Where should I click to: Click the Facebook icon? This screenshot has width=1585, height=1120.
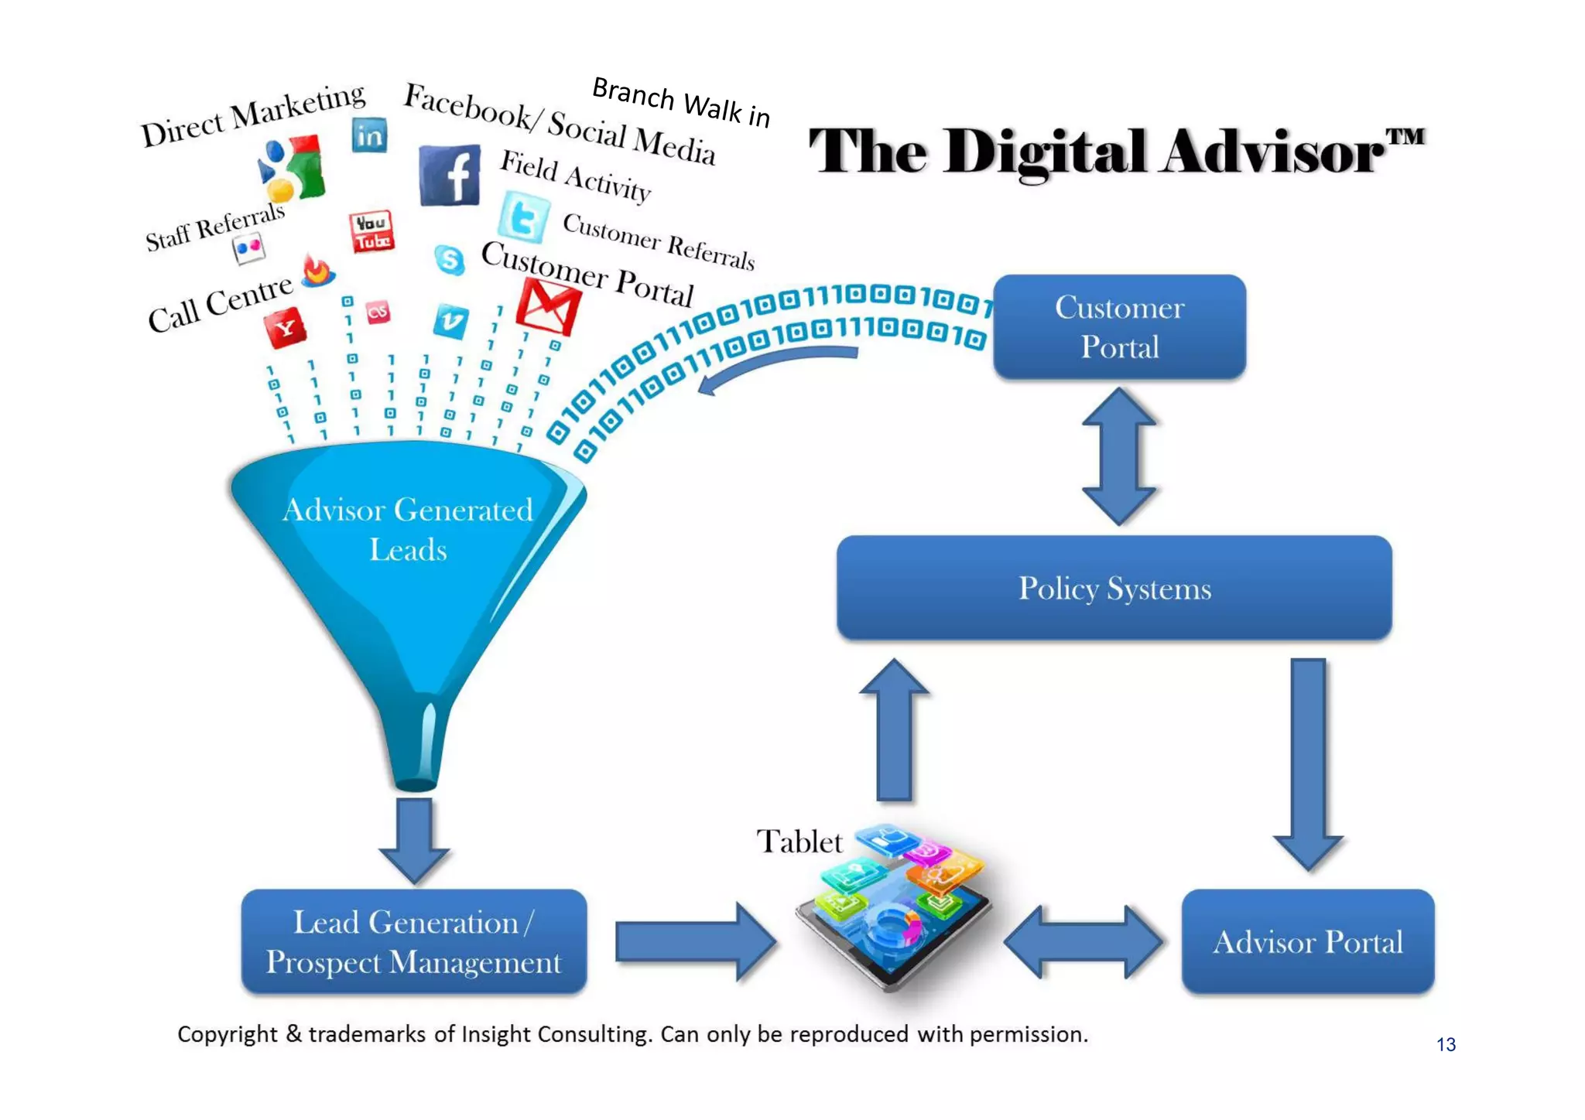pyautogui.click(x=450, y=176)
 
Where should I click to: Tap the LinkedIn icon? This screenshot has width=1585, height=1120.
pyautogui.click(x=369, y=135)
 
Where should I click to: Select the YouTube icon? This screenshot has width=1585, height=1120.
pyautogui.click(x=371, y=231)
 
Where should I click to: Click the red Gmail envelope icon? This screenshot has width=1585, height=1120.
pyautogui.click(x=548, y=307)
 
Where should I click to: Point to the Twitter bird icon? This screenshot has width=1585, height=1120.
pyautogui.click(x=524, y=217)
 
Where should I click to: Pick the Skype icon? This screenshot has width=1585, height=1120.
pyautogui.click(x=450, y=260)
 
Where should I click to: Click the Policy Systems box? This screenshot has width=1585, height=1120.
pyautogui.click(x=1114, y=588)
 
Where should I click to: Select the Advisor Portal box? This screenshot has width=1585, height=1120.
pyautogui.click(x=1307, y=941)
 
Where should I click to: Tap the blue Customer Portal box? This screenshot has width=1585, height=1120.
pyautogui.click(x=1119, y=327)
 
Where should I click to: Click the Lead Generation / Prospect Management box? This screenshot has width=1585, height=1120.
pyautogui.click(x=414, y=941)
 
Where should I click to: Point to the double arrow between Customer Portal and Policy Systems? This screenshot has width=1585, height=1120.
pyautogui.click(x=1119, y=456)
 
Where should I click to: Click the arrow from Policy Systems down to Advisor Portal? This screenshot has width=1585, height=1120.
pyautogui.click(x=1308, y=762)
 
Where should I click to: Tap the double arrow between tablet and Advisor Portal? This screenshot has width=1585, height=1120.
pyautogui.click(x=1083, y=941)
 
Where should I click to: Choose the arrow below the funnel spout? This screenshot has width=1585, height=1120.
pyautogui.click(x=415, y=839)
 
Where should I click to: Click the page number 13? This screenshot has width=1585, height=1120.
pyautogui.click(x=1446, y=1045)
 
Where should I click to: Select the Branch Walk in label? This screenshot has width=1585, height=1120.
pyautogui.click(x=681, y=102)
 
